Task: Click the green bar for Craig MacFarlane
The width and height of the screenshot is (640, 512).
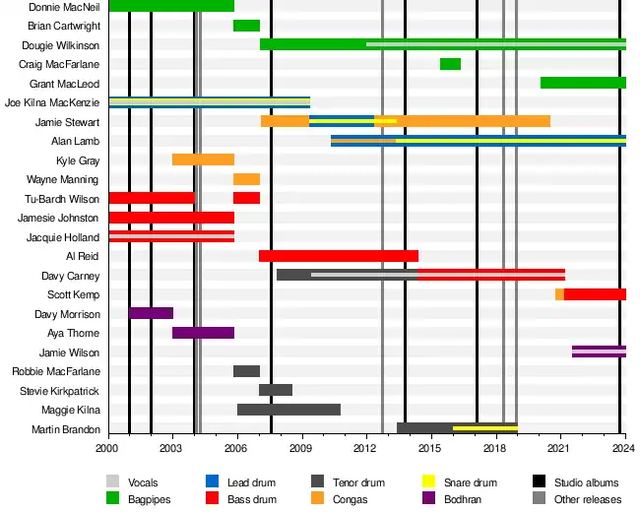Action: click(450, 64)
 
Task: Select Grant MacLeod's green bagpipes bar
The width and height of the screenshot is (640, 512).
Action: click(583, 83)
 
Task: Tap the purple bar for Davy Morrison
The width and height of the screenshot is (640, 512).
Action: click(152, 313)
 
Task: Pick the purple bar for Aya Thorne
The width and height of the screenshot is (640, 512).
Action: click(203, 333)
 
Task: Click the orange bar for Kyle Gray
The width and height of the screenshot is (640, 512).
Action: click(203, 160)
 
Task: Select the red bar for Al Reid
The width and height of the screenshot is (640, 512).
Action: click(339, 256)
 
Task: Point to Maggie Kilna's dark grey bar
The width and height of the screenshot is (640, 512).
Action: click(288, 410)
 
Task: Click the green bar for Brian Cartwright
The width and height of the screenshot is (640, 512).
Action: click(246, 26)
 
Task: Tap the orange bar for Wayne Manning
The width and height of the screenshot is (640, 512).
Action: click(246, 179)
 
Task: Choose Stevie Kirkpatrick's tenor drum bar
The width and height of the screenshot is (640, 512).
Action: click(276, 390)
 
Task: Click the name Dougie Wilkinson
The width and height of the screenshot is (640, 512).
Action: click(61, 45)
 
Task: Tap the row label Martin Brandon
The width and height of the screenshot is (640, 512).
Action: click(66, 429)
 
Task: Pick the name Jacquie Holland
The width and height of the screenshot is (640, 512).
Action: click(63, 237)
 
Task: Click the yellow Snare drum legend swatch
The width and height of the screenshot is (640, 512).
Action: click(429, 482)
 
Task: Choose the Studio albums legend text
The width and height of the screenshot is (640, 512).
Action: click(587, 482)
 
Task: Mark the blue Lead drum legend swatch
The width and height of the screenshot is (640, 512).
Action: click(212, 482)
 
